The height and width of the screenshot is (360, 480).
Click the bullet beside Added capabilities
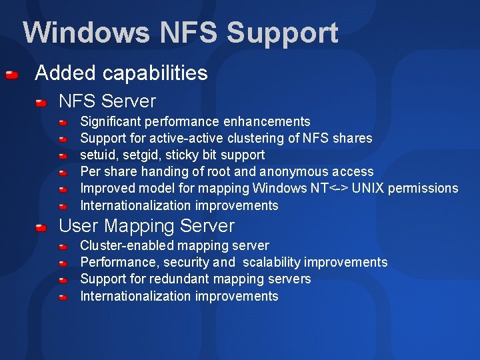coord(11,75)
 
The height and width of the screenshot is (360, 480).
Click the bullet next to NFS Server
coord(41,103)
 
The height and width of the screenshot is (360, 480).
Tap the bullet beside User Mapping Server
coord(41,227)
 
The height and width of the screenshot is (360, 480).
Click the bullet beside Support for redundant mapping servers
coord(62,280)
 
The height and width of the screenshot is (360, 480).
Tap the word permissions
coord(424,188)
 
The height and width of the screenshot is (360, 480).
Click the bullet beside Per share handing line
coord(62,173)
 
